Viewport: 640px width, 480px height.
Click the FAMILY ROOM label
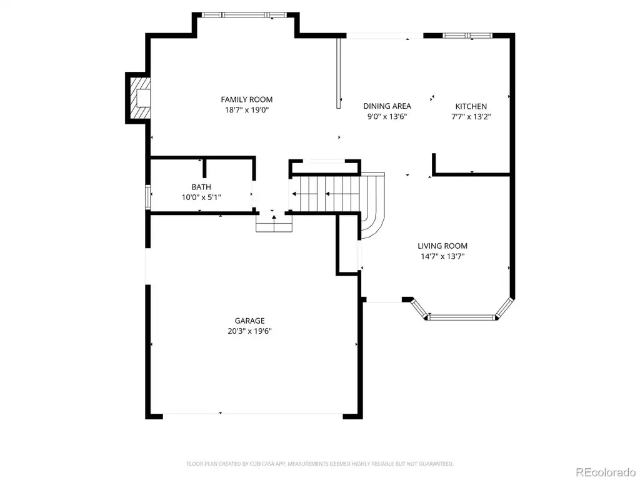pos(246,99)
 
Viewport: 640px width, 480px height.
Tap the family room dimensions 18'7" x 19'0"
pos(246,110)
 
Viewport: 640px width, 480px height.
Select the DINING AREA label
pos(387,106)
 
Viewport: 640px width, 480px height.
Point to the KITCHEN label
pos(471,106)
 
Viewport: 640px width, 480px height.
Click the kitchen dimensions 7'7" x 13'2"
pos(471,117)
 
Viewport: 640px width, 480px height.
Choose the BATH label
pos(201,187)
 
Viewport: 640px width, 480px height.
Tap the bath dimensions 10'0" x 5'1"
pos(201,197)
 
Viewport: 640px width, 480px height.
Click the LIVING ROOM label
pos(442,246)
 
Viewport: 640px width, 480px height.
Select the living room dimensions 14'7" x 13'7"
pos(442,256)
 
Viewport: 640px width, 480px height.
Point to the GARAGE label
pos(249,321)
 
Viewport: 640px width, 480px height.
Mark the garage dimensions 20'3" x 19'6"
pos(249,331)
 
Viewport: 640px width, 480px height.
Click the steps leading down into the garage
pos(274,223)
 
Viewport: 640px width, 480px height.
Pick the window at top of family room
pos(244,15)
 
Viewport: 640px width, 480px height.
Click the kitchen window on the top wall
pos(467,36)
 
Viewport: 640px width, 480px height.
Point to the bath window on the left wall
pos(149,197)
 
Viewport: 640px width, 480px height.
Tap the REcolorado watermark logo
pos(606,472)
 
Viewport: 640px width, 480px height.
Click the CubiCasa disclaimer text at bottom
pos(319,464)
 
